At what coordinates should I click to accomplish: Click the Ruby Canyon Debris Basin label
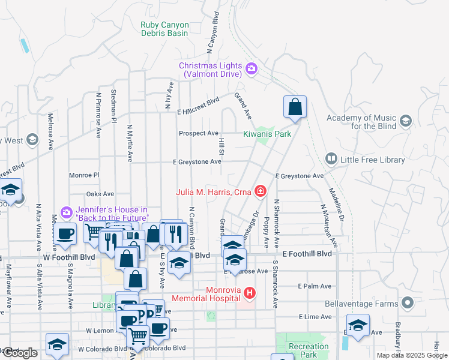coord(165,29)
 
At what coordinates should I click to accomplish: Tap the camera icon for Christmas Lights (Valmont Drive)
coord(251,69)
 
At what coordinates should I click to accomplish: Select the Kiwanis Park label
coord(267,134)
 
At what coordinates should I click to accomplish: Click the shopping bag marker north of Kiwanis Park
coord(295,107)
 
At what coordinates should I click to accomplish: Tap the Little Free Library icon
coord(331,159)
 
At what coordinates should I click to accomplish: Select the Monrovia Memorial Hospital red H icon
coord(250,293)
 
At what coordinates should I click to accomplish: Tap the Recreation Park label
coord(309,350)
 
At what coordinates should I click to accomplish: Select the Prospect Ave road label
coord(199,133)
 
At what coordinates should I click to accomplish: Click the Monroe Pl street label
coord(83,175)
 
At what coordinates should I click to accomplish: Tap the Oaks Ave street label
coord(100,194)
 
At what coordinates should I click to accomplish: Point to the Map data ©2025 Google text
coord(412,355)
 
